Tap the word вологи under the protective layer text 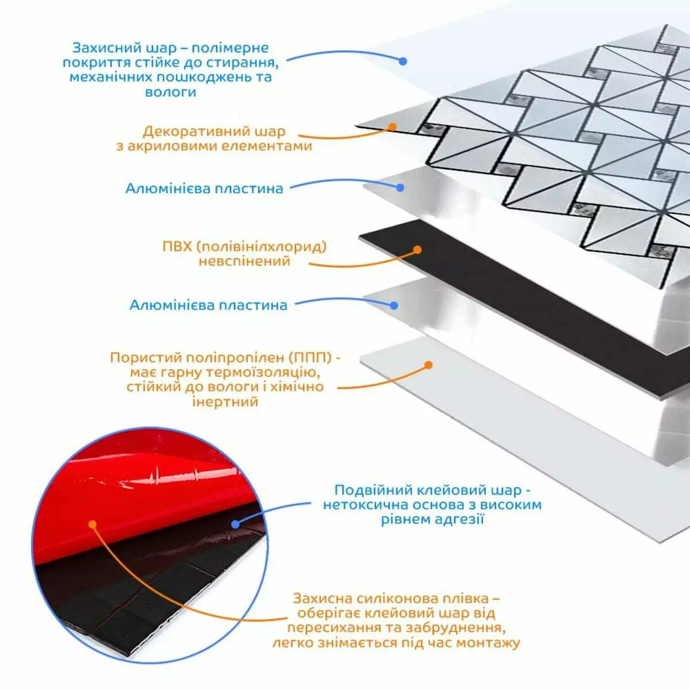170,92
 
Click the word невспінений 244,260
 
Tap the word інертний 225,402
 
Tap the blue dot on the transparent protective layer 403,61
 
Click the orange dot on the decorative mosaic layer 393,126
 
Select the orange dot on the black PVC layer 417,250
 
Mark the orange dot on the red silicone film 93,524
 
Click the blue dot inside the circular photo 235,524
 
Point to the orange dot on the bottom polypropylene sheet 428,365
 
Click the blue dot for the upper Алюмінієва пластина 400,187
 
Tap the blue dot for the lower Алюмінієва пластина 394,305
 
